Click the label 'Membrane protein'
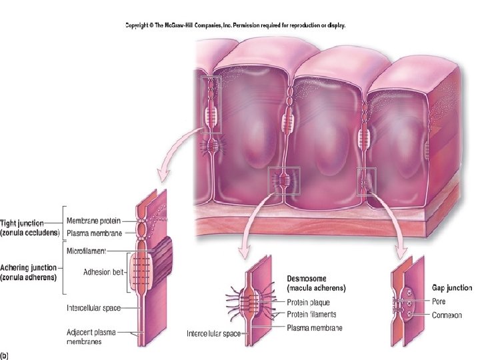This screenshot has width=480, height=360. click(93, 221)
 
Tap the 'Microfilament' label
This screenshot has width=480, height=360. click(88, 250)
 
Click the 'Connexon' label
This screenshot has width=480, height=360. click(447, 314)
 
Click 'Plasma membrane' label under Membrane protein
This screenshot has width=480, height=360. click(93, 233)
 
